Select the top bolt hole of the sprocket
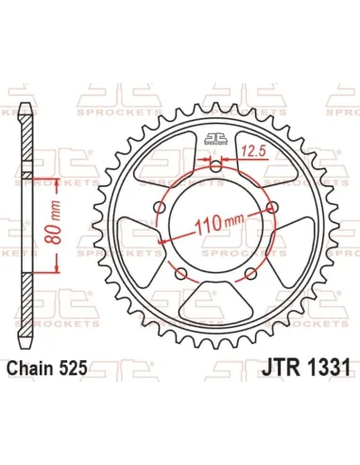[x=217, y=168]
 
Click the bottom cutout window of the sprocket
[x=217, y=303]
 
